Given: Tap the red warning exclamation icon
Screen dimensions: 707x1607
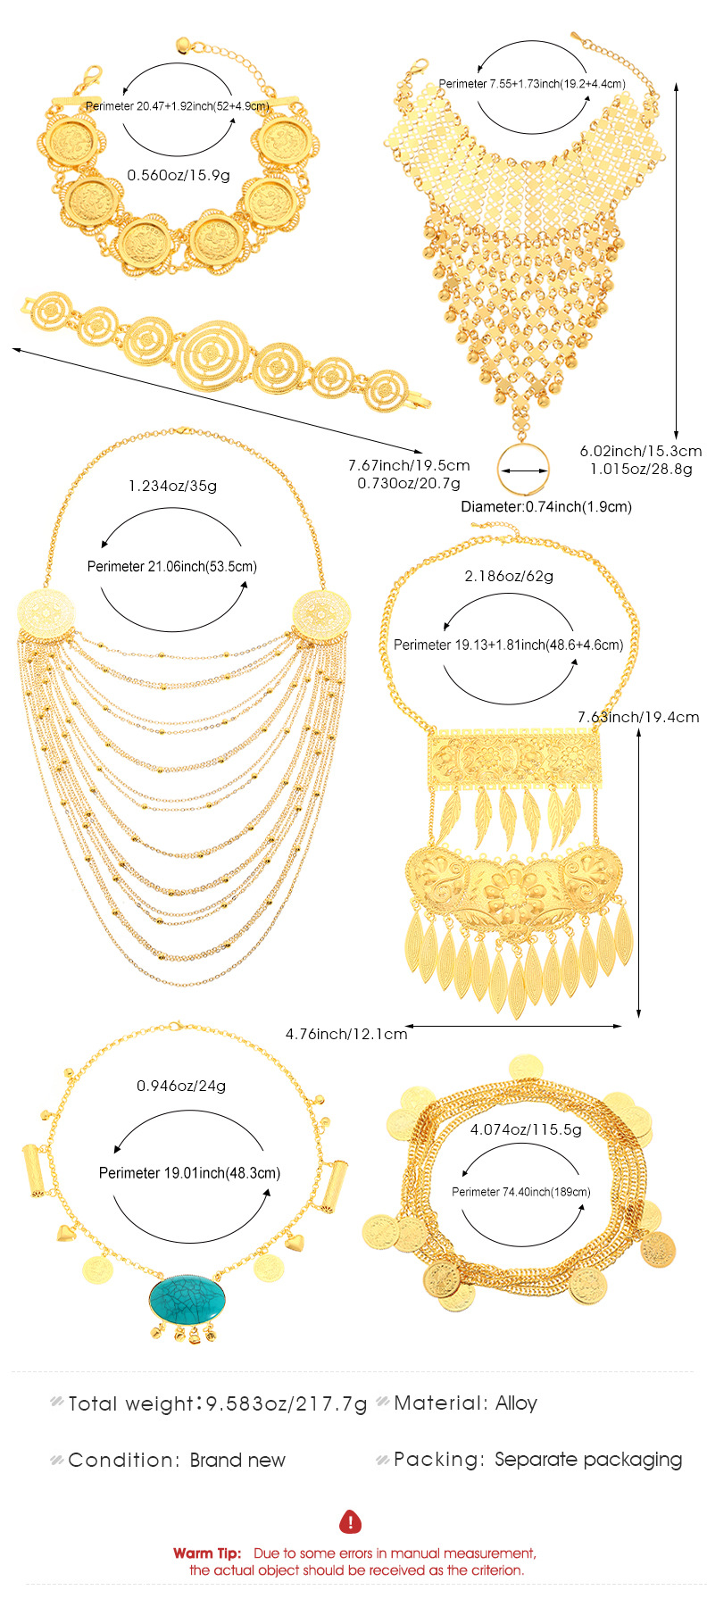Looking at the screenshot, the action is pos(351,1521).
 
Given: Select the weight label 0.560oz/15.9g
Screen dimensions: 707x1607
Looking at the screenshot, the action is pos(179,175).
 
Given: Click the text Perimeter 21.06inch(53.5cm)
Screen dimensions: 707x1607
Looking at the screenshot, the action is pos(172,566).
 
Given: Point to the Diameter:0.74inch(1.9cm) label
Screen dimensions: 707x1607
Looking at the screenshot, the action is pos(546,506).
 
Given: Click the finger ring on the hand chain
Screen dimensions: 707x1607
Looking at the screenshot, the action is pos(523,469).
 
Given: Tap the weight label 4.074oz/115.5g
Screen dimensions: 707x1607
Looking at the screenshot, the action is pos(526,1129).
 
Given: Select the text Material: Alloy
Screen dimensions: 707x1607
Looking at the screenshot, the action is pos(465,1403).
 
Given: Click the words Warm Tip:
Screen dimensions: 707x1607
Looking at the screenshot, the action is pos(207,1553).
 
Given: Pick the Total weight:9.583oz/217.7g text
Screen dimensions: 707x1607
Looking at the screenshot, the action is pos(218,1403).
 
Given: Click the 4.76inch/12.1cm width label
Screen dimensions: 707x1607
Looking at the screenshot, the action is pos(346,1034).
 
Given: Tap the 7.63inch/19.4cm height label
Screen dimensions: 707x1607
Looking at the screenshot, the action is pos(638,717).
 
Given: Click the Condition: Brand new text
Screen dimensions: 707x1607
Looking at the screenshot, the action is pos(177,1461).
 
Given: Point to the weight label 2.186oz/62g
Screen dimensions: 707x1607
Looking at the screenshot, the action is pos(509,576).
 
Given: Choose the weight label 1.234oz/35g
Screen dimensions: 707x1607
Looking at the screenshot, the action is pos(172,486).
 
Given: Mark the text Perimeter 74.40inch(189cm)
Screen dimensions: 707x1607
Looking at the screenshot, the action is pos(520,1192).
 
